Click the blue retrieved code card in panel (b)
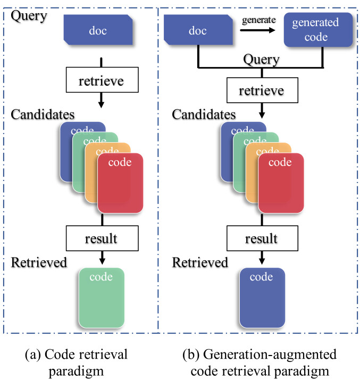[262, 298]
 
